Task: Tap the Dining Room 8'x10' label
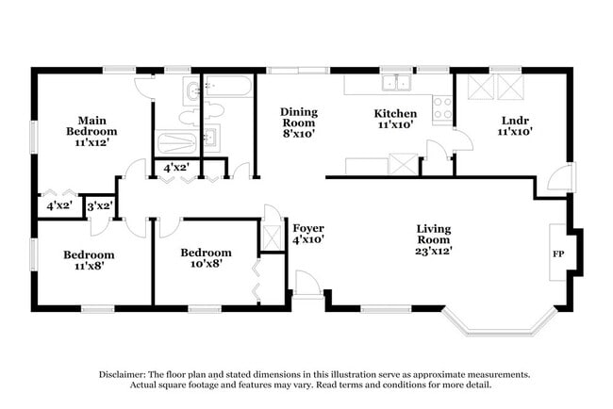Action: coord(298,123)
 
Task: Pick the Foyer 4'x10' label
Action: coord(308,234)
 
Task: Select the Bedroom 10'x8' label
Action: coord(206,258)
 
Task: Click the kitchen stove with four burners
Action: coord(441,109)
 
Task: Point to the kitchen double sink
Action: coord(395,83)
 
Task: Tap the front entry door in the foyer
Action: coord(308,283)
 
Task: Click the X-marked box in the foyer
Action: coord(272,237)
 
